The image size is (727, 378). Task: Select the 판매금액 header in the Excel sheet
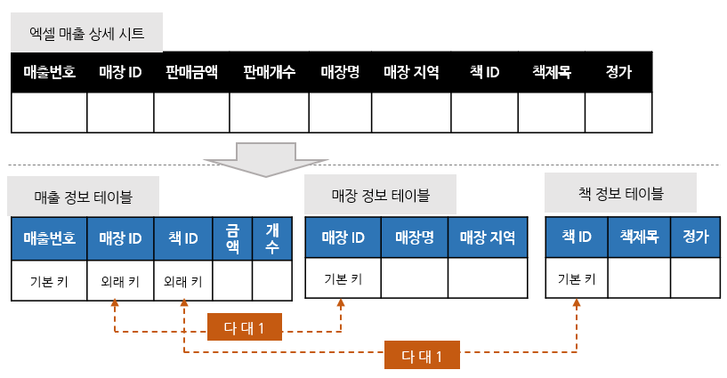[x=191, y=73]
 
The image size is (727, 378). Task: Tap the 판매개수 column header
[x=269, y=73]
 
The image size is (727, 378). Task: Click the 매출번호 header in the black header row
[x=49, y=73]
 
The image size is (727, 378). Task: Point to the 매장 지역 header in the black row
[x=411, y=73]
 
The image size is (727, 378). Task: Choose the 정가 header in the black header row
[x=618, y=73]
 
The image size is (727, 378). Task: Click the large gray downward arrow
[x=254, y=158]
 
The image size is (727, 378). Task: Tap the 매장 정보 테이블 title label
[x=380, y=194]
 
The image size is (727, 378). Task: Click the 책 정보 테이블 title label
[x=620, y=193]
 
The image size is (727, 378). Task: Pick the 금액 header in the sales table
[x=232, y=238]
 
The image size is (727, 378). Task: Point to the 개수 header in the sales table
[x=272, y=238]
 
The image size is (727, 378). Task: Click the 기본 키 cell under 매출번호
[x=49, y=281]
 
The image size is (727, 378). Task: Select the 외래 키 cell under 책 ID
[x=183, y=281]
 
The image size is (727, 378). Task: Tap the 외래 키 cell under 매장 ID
[x=120, y=281]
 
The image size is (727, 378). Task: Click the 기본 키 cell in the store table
[x=343, y=278]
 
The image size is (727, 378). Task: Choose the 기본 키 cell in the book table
[x=576, y=278]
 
